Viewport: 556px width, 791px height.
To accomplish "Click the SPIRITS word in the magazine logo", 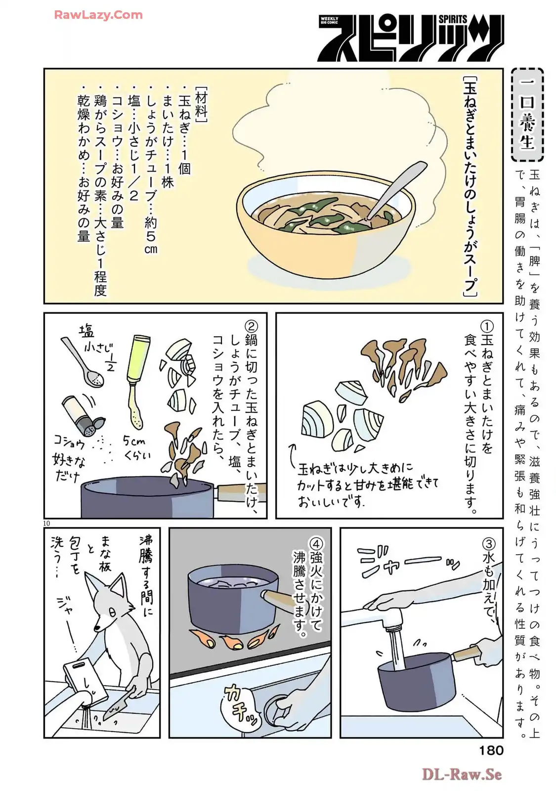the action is click(453, 19).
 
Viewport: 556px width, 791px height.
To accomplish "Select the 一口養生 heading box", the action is click(527, 114).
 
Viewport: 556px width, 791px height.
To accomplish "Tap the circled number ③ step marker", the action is click(489, 543).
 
